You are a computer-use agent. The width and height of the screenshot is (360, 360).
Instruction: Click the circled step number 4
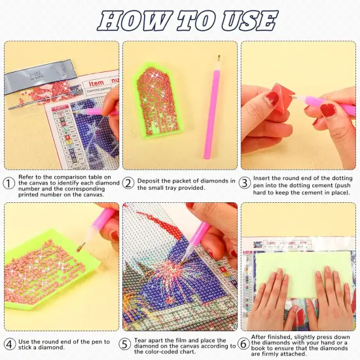(x=9, y=344)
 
